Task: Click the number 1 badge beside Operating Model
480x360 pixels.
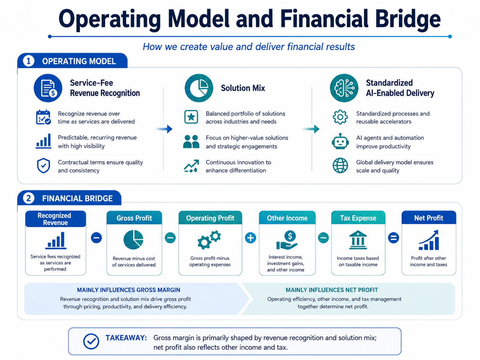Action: point(29,61)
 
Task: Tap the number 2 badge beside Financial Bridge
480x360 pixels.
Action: point(29,198)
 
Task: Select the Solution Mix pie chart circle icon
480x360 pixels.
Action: point(199,88)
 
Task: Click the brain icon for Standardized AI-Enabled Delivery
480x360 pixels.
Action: point(344,88)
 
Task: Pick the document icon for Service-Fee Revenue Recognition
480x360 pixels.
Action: point(48,88)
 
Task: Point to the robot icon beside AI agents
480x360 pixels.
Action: point(340,142)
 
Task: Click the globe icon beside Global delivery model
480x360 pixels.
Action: point(340,165)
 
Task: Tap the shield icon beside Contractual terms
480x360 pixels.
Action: point(43,165)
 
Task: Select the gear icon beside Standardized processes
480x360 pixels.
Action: point(340,117)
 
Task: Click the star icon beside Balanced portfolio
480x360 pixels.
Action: point(191,117)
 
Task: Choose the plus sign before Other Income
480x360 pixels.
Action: point(250,238)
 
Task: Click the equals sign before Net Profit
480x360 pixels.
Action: point(393,238)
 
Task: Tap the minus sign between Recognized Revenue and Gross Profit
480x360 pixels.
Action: point(96,238)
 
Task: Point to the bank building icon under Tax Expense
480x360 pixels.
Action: point(358,240)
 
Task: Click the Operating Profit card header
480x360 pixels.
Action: point(210,218)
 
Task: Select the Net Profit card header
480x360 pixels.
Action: point(429,217)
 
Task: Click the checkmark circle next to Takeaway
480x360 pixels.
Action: point(91,341)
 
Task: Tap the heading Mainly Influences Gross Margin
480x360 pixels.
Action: point(129,290)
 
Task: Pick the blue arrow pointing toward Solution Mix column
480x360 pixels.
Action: point(164,129)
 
